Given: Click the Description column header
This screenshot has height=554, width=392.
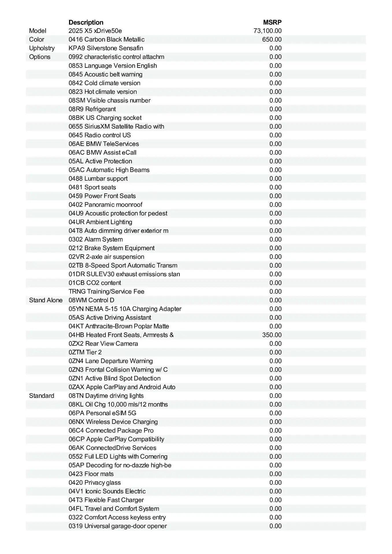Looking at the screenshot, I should point(86,23).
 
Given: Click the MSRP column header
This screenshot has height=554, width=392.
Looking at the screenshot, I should point(272,23).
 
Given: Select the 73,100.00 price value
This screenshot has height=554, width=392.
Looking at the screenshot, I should point(267,31).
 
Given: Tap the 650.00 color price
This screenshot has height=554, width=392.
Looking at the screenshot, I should point(272,40).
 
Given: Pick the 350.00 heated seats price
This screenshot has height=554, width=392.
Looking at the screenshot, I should point(272,335).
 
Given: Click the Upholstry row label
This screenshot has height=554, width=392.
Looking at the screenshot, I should point(42,48).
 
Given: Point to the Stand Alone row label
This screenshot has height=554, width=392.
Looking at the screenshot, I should point(46,300).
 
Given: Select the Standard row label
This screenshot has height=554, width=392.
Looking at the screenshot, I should point(42,396).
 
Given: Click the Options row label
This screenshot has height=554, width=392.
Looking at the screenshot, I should point(40,57).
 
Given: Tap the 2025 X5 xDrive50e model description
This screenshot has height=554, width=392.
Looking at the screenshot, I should point(95,31).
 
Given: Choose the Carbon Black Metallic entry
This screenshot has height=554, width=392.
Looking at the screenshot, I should point(107,40).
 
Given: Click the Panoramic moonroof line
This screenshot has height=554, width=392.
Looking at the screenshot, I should point(105,205).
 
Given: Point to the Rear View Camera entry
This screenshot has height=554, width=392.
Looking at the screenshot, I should point(103,344).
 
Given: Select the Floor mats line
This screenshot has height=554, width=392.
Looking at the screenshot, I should point(91,474).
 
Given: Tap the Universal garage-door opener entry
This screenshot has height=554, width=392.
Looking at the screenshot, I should point(118,526).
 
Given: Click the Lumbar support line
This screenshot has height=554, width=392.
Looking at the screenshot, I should point(98,179).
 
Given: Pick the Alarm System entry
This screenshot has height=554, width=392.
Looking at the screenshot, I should point(96,239).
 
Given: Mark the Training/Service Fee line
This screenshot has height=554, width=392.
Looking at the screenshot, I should point(106,292).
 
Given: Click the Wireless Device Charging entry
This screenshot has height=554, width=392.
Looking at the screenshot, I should point(113,422).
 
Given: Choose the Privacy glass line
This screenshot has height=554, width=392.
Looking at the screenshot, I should point(95,483).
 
